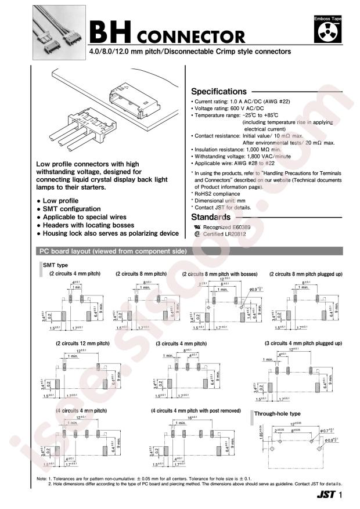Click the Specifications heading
tap(218, 91)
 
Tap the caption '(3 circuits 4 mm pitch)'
tap(181, 344)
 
